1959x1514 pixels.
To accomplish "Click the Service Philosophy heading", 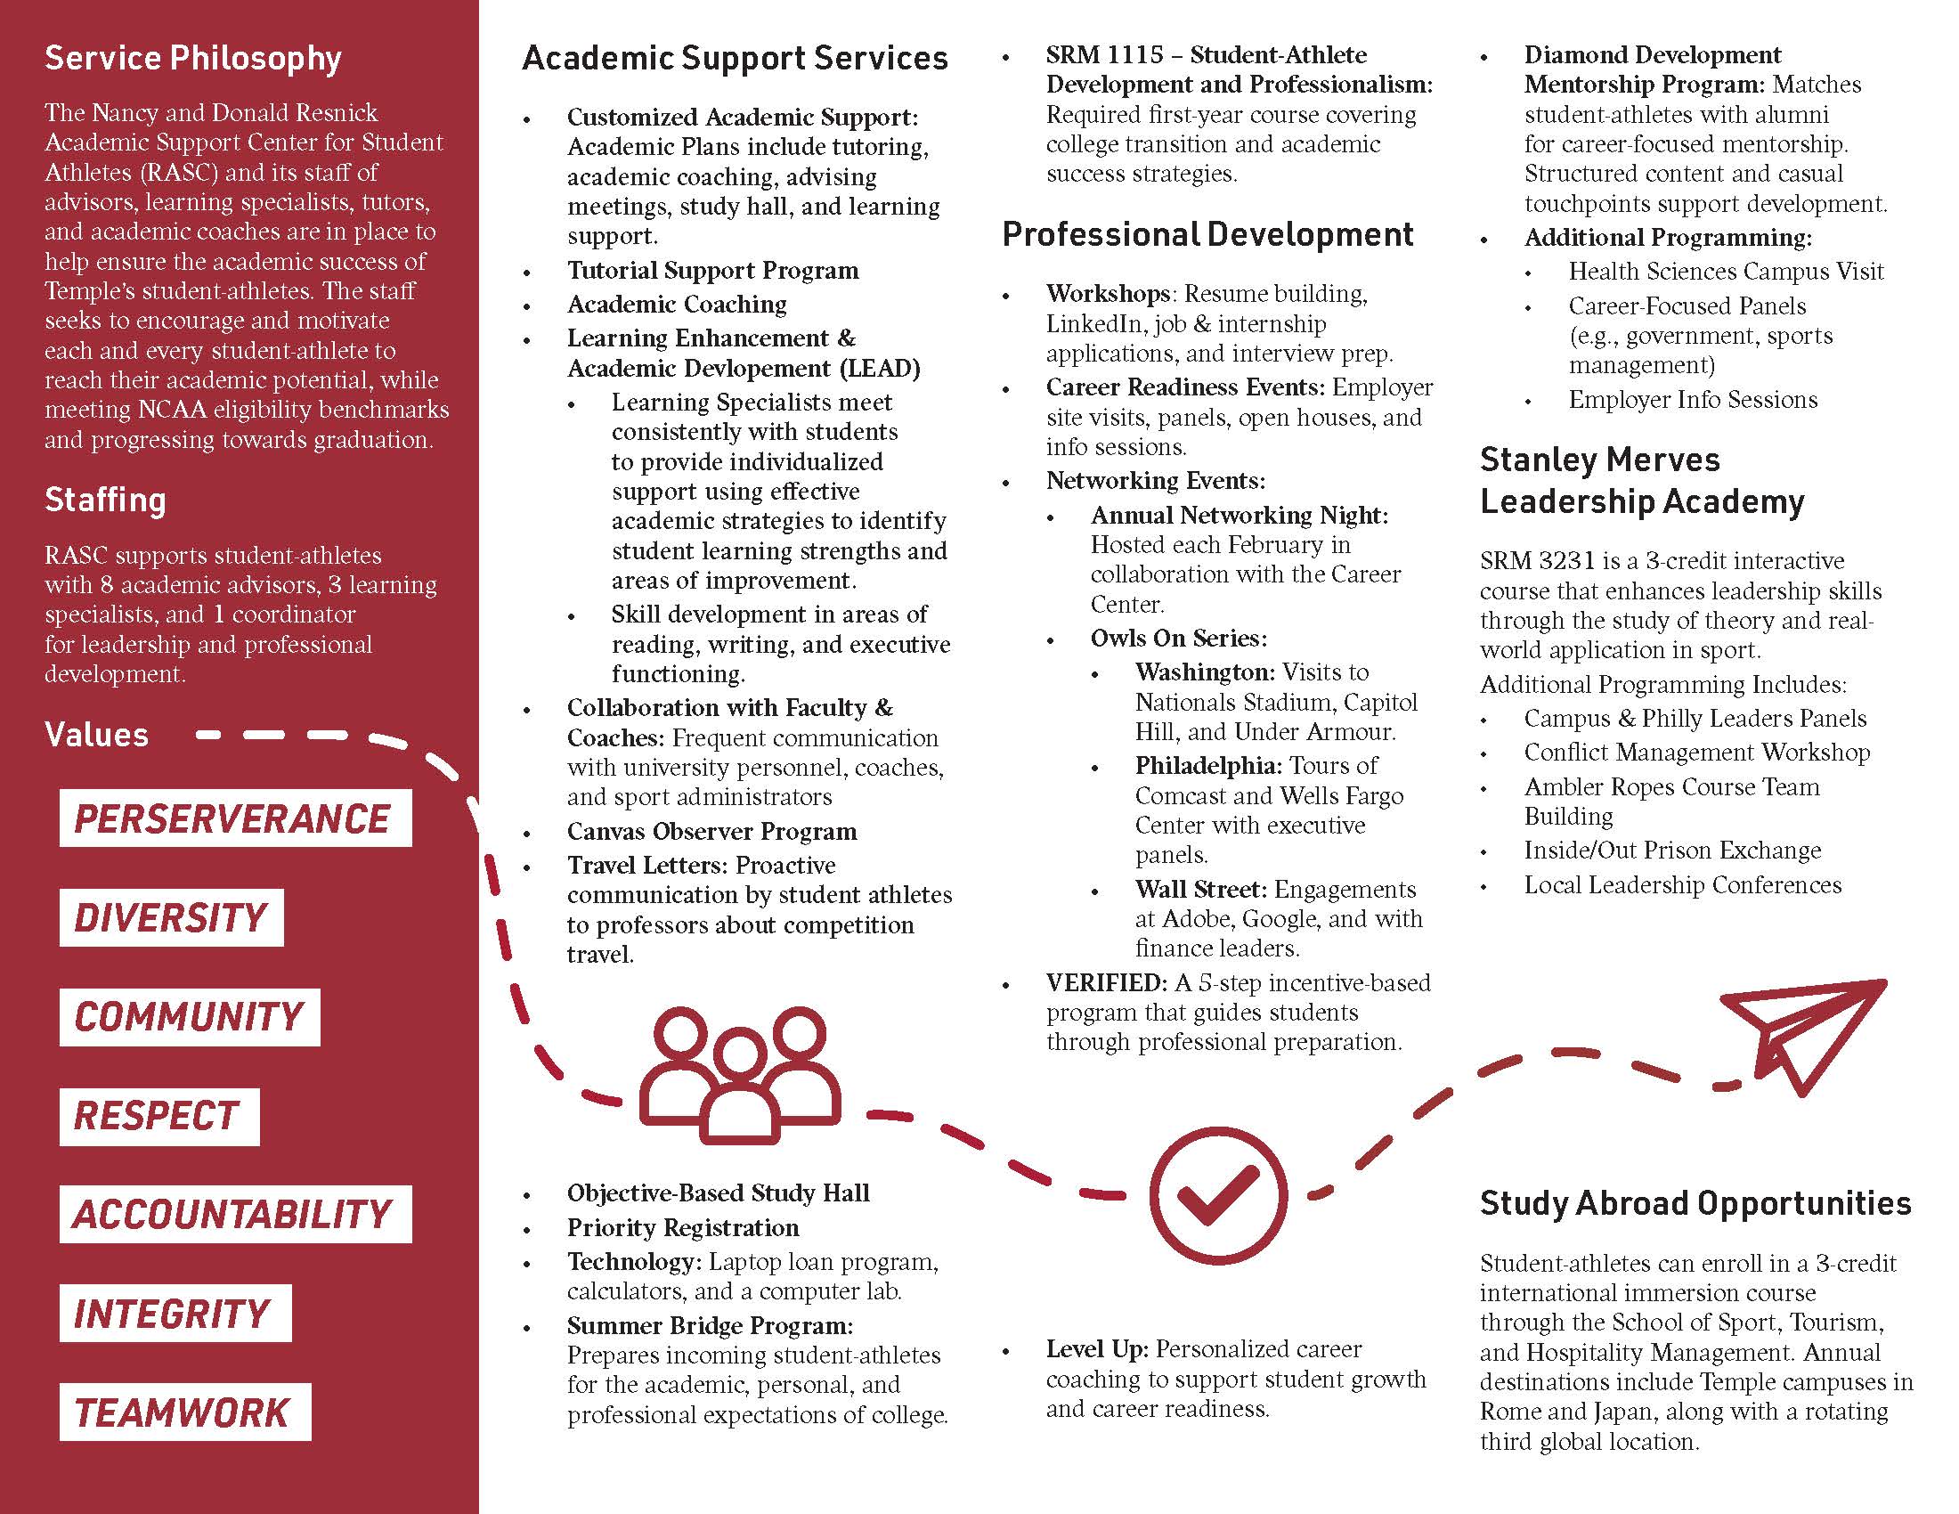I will click(193, 58).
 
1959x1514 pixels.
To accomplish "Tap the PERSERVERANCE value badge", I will click(235, 818).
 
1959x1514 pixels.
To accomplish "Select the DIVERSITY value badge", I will click(171, 917).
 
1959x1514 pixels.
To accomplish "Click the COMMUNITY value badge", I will click(190, 1017).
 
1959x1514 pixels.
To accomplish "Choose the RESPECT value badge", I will click(159, 1117).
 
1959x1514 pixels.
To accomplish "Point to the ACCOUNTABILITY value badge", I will click(235, 1215).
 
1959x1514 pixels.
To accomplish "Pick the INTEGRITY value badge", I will click(175, 1313).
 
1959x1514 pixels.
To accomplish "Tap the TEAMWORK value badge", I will click(185, 1412).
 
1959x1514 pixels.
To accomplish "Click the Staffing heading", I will click(106, 500).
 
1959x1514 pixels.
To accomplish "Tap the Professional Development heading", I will click(1207, 234).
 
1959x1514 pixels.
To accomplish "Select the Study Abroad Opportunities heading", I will click(1695, 1204).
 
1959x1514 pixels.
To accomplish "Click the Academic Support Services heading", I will click(735, 58).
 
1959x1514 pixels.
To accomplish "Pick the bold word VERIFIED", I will click(1105, 983).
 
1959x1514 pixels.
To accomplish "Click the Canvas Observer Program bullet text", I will click(711, 832).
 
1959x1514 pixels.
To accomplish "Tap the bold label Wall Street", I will click(1200, 889).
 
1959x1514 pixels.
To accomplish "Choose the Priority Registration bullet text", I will click(683, 1227).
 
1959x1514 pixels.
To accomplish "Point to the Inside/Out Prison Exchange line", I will click(1672, 850).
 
